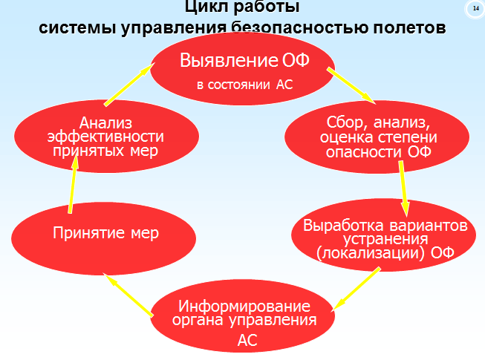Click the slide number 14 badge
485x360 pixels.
[475, 9]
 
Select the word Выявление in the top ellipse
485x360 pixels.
[229, 60]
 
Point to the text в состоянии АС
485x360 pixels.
[244, 85]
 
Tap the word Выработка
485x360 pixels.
[343, 225]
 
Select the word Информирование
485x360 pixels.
[244, 307]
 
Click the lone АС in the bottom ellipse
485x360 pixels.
[247, 340]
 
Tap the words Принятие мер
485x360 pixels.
[105, 232]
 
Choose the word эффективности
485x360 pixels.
[105, 137]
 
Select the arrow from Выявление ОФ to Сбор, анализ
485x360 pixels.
[351, 86]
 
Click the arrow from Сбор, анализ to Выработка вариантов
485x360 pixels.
[403, 189]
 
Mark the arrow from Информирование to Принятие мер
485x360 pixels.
[128, 295]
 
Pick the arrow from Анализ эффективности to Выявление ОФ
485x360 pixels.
[129, 85]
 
